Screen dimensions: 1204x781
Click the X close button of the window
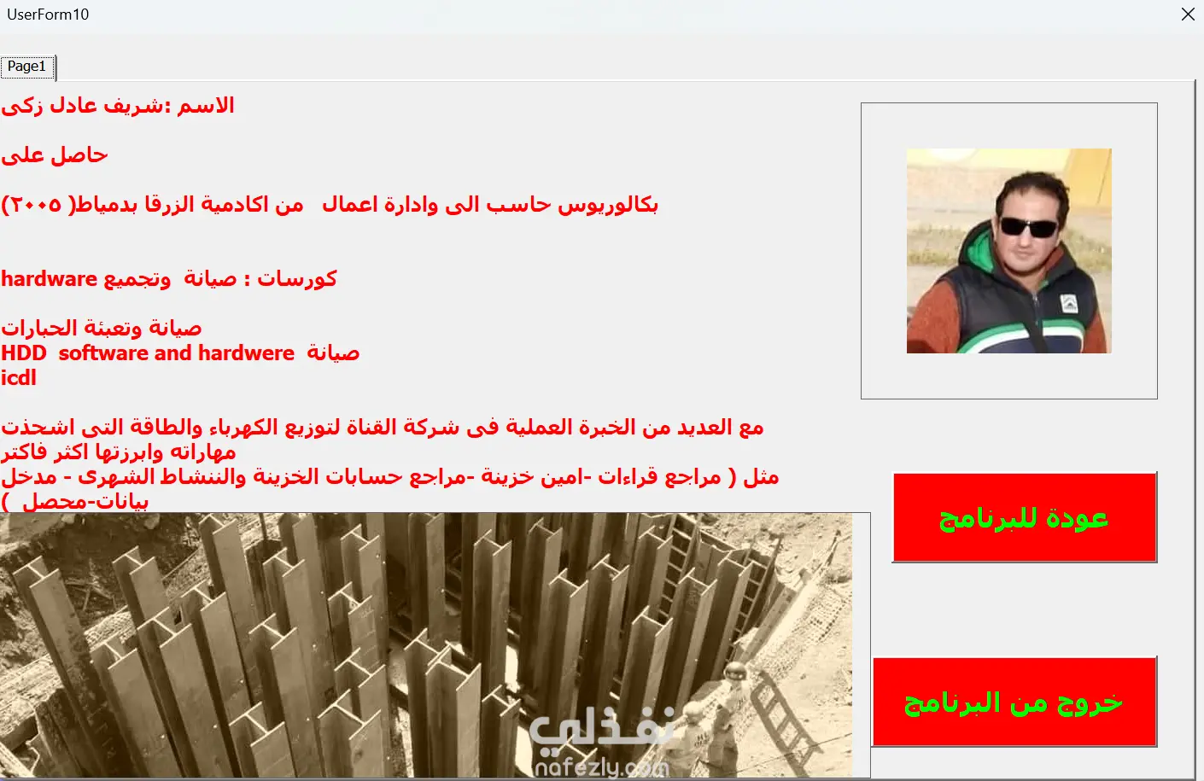click(1188, 14)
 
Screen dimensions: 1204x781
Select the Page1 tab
click(26, 67)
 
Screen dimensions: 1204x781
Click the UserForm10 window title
click(48, 15)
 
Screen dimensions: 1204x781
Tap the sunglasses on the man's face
click(1028, 228)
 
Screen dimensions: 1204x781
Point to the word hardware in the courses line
click(49, 279)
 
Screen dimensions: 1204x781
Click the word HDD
click(24, 353)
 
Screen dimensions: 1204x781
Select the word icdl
click(19, 378)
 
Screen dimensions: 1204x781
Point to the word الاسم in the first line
click(206, 105)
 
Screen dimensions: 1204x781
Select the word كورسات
click(296, 279)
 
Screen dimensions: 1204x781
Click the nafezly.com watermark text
click(602, 766)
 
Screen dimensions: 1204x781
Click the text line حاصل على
click(55, 155)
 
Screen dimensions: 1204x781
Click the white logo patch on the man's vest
click(1068, 304)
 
